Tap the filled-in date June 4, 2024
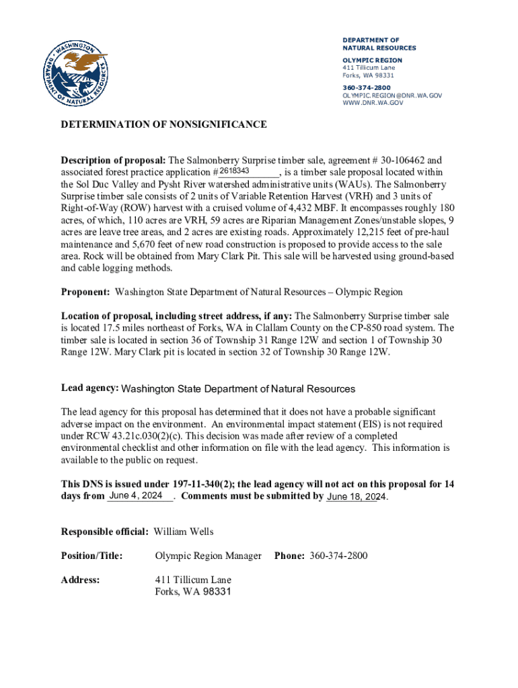point(136,496)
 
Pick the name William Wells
point(184,532)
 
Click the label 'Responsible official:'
point(105,532)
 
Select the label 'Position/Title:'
point(91,556)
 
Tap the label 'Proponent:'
point(85,292)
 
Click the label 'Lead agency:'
point(90,388)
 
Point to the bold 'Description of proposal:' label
point(113,161)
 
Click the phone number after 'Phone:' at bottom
point(338,556)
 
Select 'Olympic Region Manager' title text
point(208,556)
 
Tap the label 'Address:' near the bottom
point(81,579)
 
